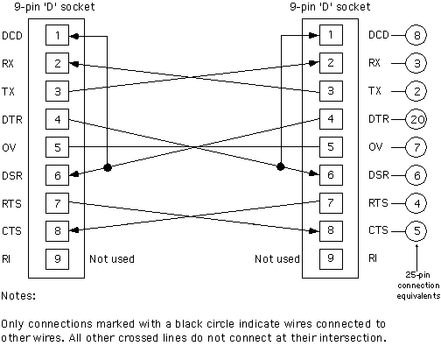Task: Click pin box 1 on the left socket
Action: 57,35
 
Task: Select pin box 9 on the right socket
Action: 331,259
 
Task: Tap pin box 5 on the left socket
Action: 57,147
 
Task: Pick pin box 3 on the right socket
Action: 331,91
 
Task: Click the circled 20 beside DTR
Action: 416,119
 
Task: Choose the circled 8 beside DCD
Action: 416,35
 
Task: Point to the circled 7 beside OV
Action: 416,147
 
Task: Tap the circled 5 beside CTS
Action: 416,231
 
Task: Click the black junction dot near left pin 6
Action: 108,167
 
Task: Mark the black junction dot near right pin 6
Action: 280,166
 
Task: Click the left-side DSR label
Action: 12,176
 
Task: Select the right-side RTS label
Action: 378,203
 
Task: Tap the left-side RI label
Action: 6,259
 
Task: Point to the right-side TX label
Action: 374,91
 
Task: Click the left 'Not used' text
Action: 112,259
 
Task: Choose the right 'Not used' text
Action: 277,259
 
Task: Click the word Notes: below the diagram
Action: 18,296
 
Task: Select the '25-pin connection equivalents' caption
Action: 418,286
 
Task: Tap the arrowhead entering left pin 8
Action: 74,230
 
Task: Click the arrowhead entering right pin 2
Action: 314,63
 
